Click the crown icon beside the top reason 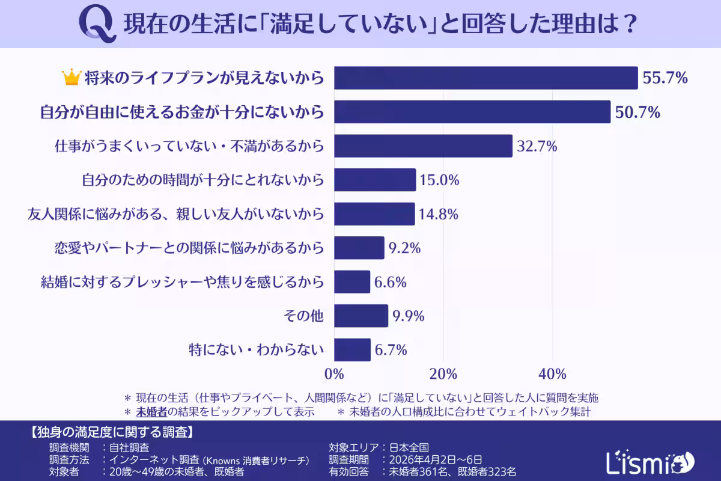click(71, 78)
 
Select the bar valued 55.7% click(485, 78)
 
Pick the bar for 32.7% click(423, 146)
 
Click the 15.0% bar click(375, 180)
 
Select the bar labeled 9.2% click(359, 248)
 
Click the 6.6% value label click(391, 282)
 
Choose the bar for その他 click(360, 316)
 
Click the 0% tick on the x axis click(334, 374)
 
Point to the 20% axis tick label click(443, 374)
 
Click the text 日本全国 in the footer click(409, 447)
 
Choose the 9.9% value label click(408, 316)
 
